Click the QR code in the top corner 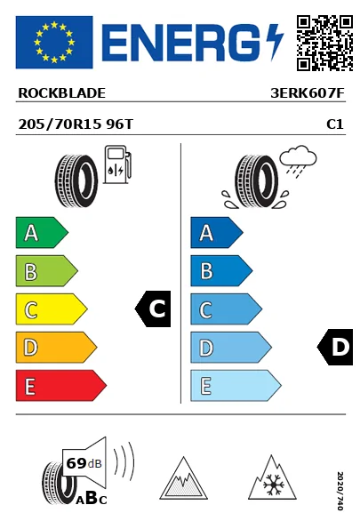coord(324,43)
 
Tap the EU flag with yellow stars coord(54,42)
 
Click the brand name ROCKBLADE coord(61,93)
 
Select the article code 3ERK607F coord(308,93)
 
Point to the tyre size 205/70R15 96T coord(76,124)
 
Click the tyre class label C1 coord(335,124)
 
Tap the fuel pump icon coord(117,164)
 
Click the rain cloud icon coord(299,160)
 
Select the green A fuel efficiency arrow coord(42,232)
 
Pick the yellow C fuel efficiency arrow coord(52,309)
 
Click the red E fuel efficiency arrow coord(61,386)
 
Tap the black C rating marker coord(153,309)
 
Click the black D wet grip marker coord(335,347)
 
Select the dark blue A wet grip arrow coord(217,232)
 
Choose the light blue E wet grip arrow coord(236,386)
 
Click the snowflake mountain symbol coord(272,477)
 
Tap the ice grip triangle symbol coord(183,478)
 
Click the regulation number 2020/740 coord(340,491)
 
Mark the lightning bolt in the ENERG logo coord(274,42)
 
